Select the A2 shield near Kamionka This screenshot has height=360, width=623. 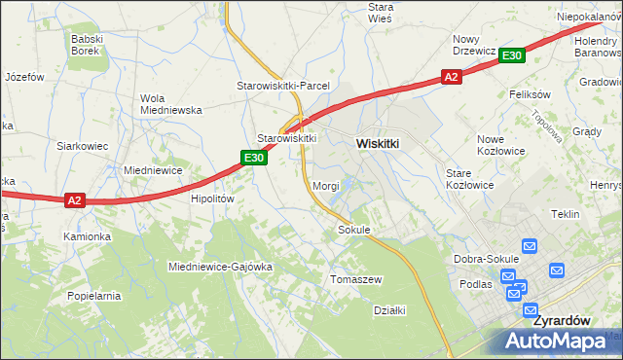tap(76, 200)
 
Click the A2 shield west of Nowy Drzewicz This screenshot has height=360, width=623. tap(450, 77)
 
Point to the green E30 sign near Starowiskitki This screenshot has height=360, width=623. tap(254, 158)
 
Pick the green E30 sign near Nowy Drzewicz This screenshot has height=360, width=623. tap(513, 56)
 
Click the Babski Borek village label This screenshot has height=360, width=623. tap(93, 45)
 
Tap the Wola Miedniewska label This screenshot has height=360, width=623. tap(170, 104)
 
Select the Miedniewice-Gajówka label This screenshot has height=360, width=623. tap(220, 266)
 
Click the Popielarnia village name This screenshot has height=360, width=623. tap(93, 295)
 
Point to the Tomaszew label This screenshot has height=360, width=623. tap(356, 279)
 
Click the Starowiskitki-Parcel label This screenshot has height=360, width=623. tap(283, 86)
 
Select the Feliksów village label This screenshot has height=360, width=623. tap(531, 94)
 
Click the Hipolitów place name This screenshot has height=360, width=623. tap(213, 198)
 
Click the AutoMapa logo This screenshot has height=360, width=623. tap(557, 342)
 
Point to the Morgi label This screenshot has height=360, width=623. tap(325, 185)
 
